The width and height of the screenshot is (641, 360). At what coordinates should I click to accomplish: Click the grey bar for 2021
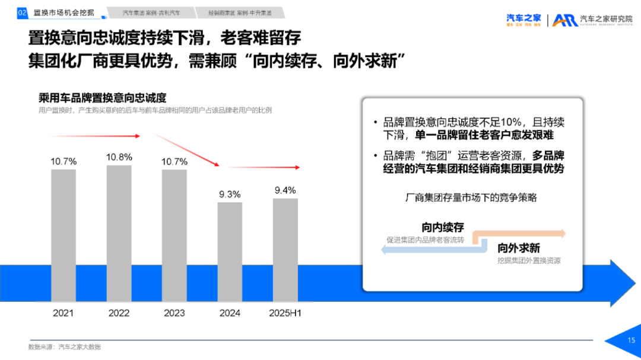click(x=64, y=237)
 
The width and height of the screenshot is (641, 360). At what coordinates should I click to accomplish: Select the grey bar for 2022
click(x=119, y=235)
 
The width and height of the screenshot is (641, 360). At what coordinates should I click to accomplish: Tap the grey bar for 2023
click(x=174, y=237)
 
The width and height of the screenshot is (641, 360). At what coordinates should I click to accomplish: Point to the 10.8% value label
click(x=119, y=157)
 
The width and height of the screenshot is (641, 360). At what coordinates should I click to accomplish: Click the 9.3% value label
click(x=230, y=194)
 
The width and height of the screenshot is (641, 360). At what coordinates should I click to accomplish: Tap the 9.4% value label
click(x=285, y=190)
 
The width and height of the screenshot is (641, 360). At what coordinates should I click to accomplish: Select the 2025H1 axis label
click(x=285, y=313)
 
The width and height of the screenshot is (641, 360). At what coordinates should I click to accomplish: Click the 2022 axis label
click(x=119, y=313)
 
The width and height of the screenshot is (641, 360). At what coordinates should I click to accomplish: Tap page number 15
click(x=632, y=340)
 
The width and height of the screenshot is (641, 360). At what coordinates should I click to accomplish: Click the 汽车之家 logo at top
click(x=523, y=19)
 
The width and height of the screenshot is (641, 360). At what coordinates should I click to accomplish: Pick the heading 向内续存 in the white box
click(x=443, y=227)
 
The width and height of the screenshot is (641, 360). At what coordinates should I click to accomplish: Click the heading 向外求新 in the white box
click(x=519, y=248)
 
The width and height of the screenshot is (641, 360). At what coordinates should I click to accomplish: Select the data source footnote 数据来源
click(x=60, y=346)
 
